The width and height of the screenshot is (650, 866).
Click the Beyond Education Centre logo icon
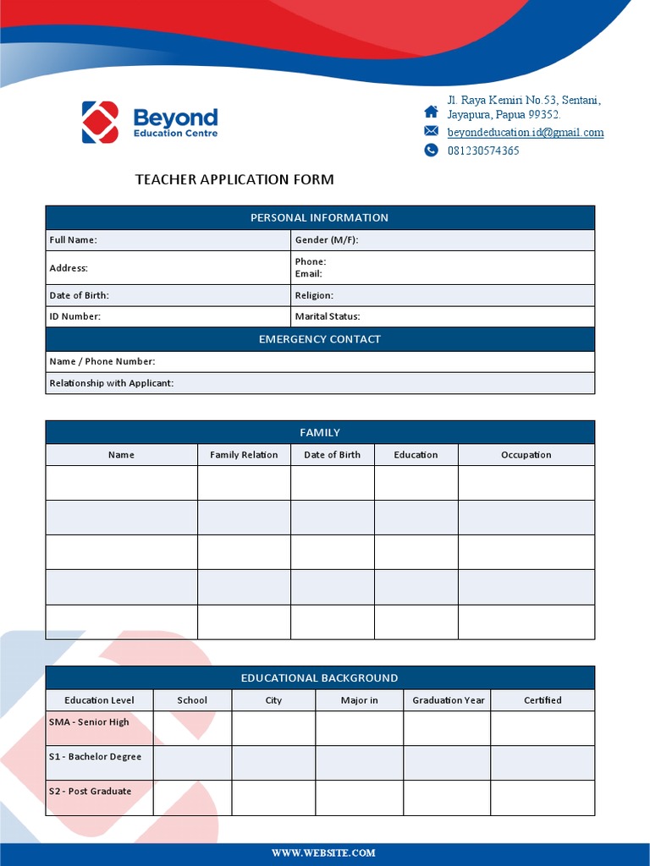click(100, 122)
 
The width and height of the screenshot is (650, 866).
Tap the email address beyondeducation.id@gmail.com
click(526, 133)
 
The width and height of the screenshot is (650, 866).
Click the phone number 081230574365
click(483, 151)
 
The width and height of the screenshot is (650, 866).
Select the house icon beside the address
click(432, 112)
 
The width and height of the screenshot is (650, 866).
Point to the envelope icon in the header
click(432, 131)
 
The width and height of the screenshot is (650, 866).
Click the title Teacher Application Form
click(234, 179)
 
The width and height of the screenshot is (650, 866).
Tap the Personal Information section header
click(319, 218)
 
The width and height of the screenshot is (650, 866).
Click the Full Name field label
click(73, 240)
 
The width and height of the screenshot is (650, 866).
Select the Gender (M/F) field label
click(326, 240)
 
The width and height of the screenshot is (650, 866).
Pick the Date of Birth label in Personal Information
click(79, 296)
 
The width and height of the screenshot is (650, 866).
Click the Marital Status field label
click(327, 317)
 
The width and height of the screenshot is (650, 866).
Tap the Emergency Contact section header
click(319, 340)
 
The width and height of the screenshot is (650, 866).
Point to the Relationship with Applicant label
click(111, 384)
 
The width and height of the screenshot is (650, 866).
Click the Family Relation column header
click(244, 455)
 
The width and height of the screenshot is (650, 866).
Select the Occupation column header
click(526, 455)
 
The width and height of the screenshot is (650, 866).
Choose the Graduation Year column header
click(449, 700)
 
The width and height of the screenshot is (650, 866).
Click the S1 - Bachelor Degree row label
click(95, 757)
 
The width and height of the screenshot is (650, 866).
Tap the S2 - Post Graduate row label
click(90, 792)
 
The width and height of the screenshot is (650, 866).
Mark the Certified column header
click(543, 700)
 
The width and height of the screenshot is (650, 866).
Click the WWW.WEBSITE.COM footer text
click(323, 853)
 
